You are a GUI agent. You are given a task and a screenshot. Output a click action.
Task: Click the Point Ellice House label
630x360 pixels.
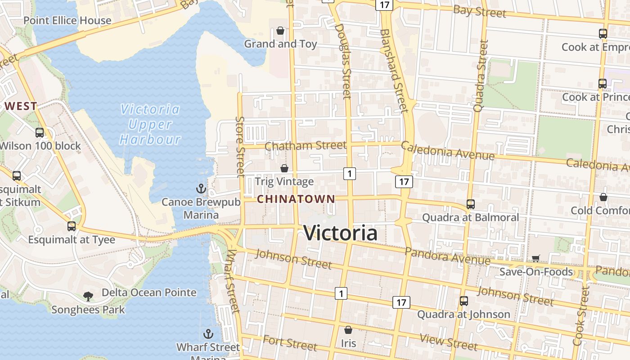point(67,20)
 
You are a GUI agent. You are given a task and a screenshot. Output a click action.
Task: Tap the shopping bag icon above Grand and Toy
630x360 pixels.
point(280,31)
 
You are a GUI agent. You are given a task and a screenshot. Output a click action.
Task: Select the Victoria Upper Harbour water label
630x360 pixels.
point(150,124)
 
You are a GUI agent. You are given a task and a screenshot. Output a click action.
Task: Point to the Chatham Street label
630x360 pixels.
point(306,145)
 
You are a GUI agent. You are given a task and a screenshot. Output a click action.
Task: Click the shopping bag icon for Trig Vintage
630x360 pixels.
point(284,168)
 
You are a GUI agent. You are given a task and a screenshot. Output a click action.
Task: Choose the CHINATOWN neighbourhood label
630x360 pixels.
point(296,199)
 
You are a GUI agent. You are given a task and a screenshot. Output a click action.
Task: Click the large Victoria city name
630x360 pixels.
point(340,233)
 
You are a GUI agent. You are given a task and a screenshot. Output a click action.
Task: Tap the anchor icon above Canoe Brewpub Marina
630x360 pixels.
point(201,189)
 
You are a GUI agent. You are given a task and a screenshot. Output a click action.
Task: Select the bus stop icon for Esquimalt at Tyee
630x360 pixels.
point(72,226)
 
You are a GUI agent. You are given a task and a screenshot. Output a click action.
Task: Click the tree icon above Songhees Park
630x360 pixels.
point(88,296)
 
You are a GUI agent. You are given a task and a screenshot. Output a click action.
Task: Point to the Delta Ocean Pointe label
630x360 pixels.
point(149,292)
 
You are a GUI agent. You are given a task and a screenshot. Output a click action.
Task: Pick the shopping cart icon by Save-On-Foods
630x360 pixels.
point(535,258)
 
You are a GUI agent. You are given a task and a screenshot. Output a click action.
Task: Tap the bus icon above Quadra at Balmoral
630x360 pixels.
point(471,204)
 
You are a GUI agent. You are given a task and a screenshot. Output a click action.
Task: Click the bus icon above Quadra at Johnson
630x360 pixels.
point(463,301)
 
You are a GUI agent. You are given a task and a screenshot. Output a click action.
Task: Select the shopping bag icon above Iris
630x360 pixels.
point(348,330)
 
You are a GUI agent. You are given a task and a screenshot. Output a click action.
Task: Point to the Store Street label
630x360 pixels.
point(240,146)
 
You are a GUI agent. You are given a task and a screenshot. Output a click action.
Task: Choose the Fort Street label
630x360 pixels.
point(290,343)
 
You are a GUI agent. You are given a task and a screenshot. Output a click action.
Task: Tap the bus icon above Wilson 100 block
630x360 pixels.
point(40,133)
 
